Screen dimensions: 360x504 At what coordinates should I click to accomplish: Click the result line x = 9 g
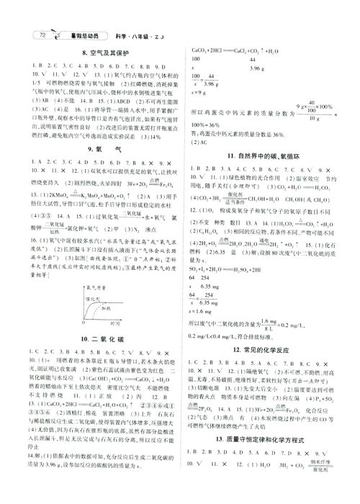(199, 92)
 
